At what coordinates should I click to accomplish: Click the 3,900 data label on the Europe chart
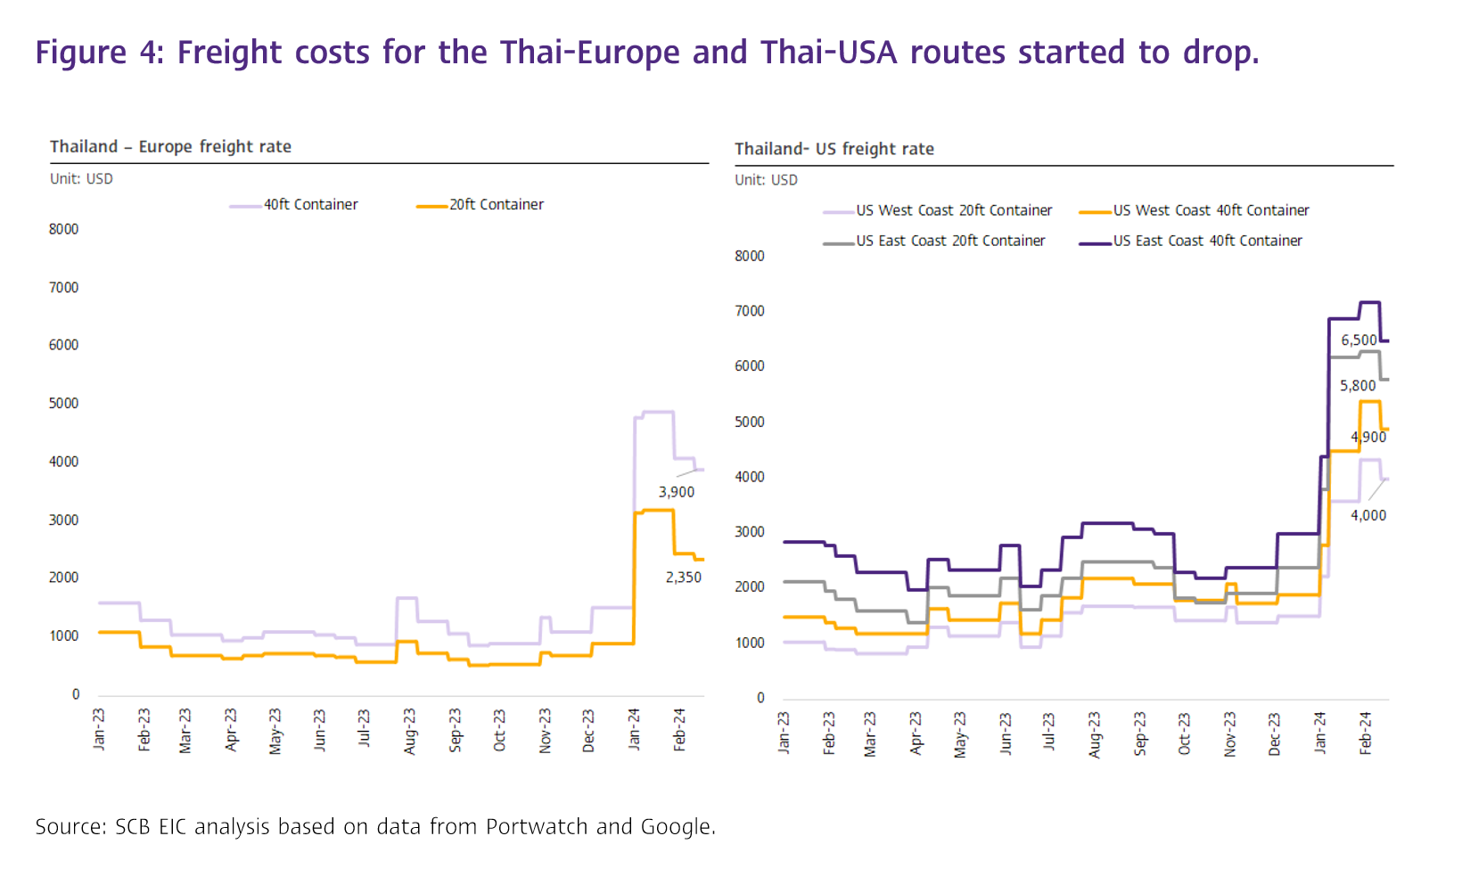[676, 492]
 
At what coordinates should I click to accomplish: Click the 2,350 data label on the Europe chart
[683, 578]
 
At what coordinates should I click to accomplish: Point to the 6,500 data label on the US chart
[1359, 340]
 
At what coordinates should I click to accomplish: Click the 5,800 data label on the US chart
[1358, 386]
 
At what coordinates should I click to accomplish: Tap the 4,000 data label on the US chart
[1368, 515]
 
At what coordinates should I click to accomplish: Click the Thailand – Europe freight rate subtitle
[170, 147]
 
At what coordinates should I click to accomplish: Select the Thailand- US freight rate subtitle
[834, 150]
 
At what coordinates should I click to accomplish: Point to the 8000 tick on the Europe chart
[63, 229]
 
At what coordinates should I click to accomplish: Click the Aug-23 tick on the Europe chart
[409, 731]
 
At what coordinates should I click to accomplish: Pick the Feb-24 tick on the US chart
[1365, 733]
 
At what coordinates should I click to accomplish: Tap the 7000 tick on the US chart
[749, 311]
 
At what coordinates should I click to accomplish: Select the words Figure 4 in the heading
[81, 53]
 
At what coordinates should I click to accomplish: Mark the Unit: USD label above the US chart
[766, 180]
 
